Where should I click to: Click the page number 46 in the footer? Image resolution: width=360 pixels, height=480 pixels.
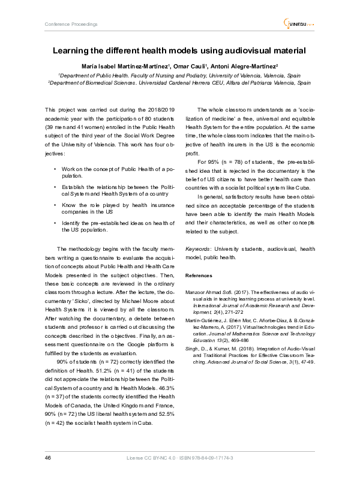click(x=47, y=458)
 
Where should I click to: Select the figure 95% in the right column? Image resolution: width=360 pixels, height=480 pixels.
click(x=210, y=161)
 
